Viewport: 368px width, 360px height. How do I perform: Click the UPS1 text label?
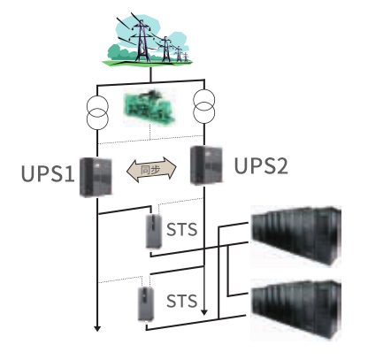(48, 173)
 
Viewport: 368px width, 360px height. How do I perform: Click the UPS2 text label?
(261, 165)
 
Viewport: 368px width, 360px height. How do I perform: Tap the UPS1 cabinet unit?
(96, 177)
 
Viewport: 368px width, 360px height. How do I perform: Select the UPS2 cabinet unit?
(206, 165)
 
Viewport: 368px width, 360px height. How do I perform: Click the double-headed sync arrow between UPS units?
(151, 170)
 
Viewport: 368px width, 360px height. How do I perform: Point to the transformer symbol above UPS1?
(97, 112)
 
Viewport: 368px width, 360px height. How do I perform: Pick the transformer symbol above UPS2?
(204, 106)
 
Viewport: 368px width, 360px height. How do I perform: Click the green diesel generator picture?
(149, 107)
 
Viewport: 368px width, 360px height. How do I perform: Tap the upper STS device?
(154, 231)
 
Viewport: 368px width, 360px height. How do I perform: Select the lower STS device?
(146, 303)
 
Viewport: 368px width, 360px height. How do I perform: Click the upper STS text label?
(181, 229)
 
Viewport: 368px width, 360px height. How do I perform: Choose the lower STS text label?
(181, 301)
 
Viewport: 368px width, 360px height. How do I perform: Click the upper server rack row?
(295, 236)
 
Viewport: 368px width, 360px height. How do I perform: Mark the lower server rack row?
(295, 310)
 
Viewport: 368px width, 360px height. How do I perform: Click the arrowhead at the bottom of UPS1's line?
(97, 328)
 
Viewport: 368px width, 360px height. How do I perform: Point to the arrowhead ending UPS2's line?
(204, 312)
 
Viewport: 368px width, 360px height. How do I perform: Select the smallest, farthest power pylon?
(186, 57)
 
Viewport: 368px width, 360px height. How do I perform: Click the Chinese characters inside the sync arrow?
(150, 170)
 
